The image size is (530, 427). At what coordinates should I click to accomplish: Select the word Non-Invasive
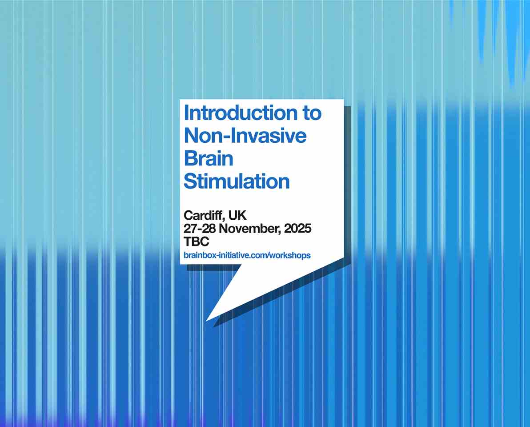245,136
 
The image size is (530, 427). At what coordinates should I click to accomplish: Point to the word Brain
209,158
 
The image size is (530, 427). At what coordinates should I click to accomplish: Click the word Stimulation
237,181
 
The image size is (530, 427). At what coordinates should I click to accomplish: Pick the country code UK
237,215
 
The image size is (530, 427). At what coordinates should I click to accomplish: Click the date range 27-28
200,229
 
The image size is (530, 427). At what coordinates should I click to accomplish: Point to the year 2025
298,229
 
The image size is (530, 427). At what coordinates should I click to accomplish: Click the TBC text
197,242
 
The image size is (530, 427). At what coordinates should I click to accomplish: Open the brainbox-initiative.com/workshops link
247,255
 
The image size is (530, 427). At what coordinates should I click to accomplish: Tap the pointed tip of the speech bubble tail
206,321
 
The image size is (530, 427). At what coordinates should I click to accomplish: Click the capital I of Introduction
186,113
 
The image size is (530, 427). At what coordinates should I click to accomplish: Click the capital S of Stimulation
190,181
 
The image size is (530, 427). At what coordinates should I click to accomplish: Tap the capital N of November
224,229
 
